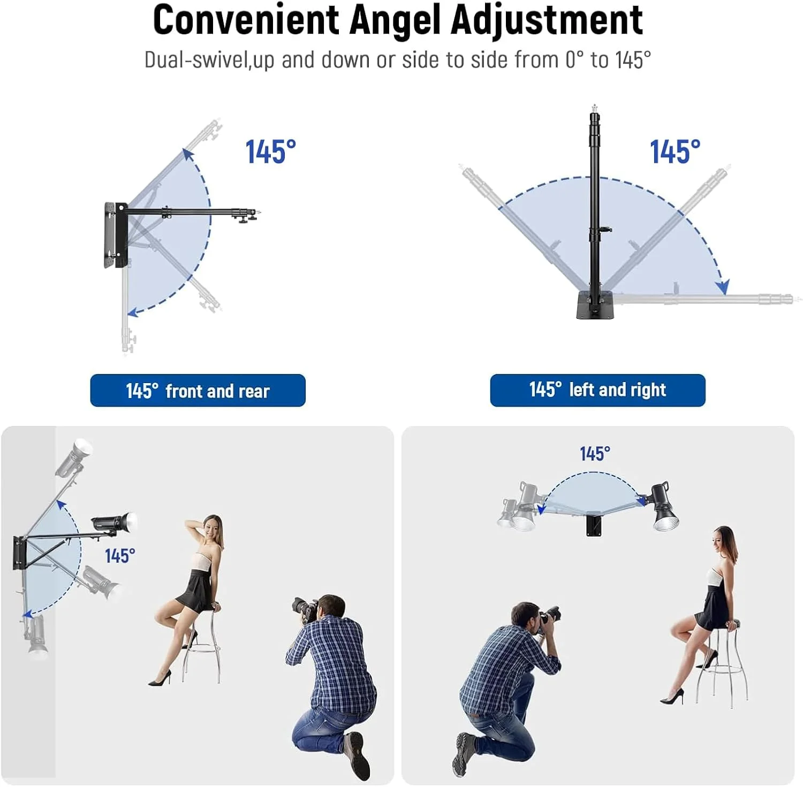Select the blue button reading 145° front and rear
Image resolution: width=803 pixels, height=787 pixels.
pos(198,391)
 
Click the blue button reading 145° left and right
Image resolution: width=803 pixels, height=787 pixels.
pos(597,390)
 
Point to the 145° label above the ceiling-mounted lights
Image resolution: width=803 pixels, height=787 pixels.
pos(595,454)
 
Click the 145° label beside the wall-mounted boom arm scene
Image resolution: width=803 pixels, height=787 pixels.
pos(120,556)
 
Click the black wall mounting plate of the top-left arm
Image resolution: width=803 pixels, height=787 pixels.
pos(116,235)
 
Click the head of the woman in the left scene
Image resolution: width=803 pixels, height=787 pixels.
pos(212,529)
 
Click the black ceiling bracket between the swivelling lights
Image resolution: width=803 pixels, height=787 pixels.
pos(594,524)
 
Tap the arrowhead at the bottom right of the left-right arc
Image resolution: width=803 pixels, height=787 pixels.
pos(723,287)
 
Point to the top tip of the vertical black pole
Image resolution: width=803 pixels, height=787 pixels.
pos(594,105)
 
